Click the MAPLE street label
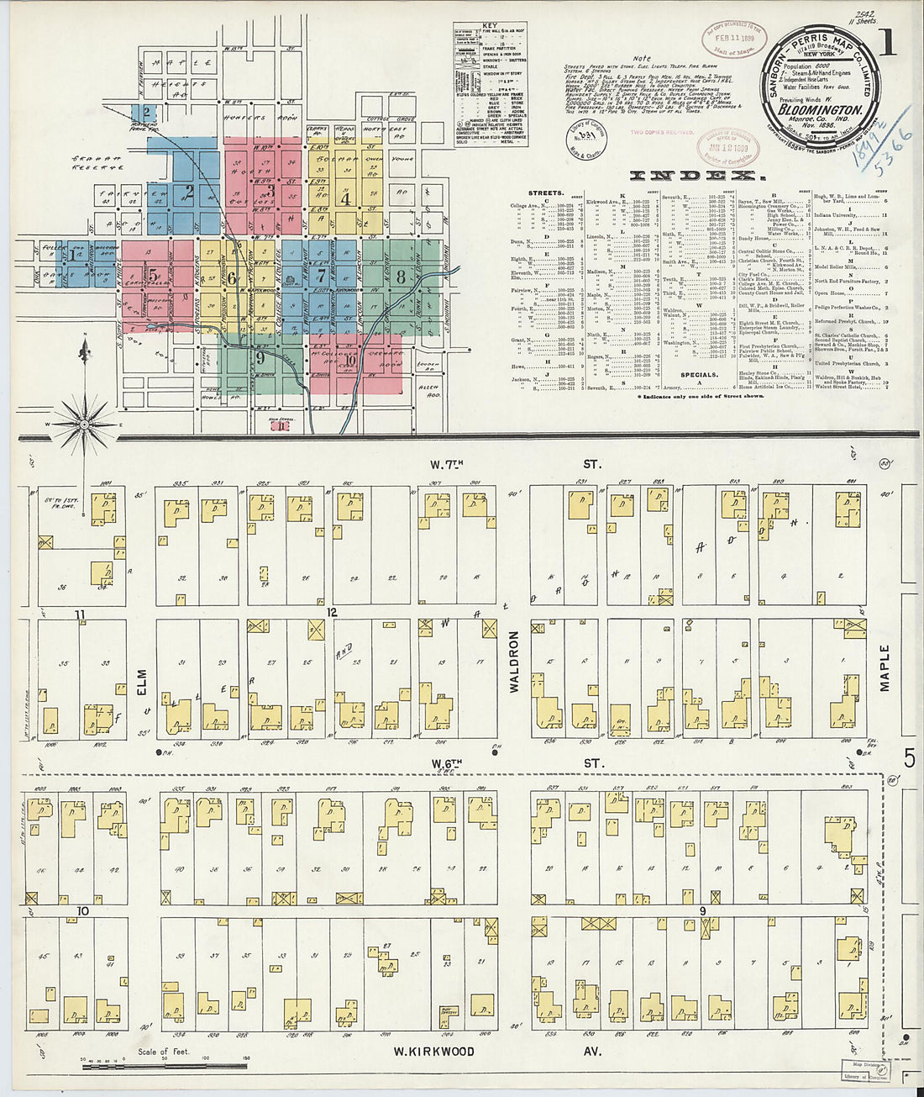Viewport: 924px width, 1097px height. [885, 668]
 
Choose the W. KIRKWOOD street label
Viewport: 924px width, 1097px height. [434, 1052]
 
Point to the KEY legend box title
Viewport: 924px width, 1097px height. [490, 26]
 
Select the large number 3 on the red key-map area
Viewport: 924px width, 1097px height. [270, 191]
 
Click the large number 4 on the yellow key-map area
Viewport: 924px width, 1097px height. [344, 199]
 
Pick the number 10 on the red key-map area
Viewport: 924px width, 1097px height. [349, 361]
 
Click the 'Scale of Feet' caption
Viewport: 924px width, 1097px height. [165, 1052]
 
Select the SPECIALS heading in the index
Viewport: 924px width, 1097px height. [698, 375]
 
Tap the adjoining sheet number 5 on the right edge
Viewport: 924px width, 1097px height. [910, 759]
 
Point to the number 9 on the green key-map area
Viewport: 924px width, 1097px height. [261, 357]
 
